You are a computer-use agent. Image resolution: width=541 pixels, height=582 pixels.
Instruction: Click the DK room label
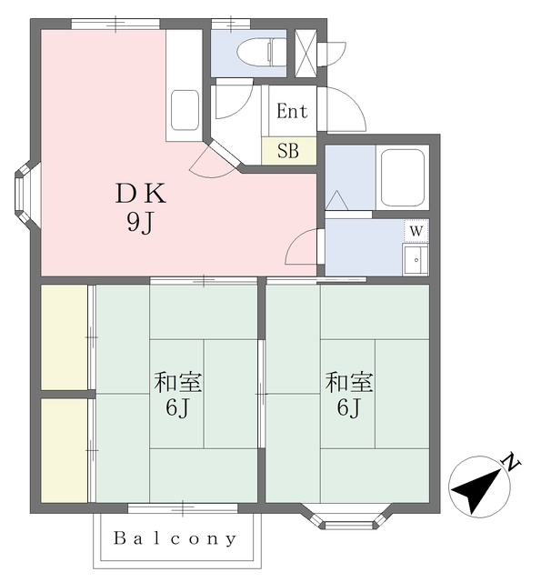pyautogui.click(x=140, y=194)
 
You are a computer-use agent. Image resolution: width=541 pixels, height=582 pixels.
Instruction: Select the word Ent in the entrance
pyautogui.click(x=292, y=112)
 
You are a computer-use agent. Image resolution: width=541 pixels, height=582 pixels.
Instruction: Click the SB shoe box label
pyautogui.click(x=288, y=151)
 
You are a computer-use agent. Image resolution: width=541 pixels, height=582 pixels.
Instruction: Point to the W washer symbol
pyautogui.click(x=416, y=230)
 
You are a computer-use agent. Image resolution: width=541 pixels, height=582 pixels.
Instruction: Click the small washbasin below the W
pyautogui.click(x=416, y=259)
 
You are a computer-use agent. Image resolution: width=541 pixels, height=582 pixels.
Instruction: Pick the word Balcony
pyautogui.click(x=175, y=538)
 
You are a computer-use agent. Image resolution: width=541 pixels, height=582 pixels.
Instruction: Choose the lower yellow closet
pyautogui.click(x=64, y=450)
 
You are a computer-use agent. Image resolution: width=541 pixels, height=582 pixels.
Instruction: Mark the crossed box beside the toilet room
pyautogui.click(x=304, y=53)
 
